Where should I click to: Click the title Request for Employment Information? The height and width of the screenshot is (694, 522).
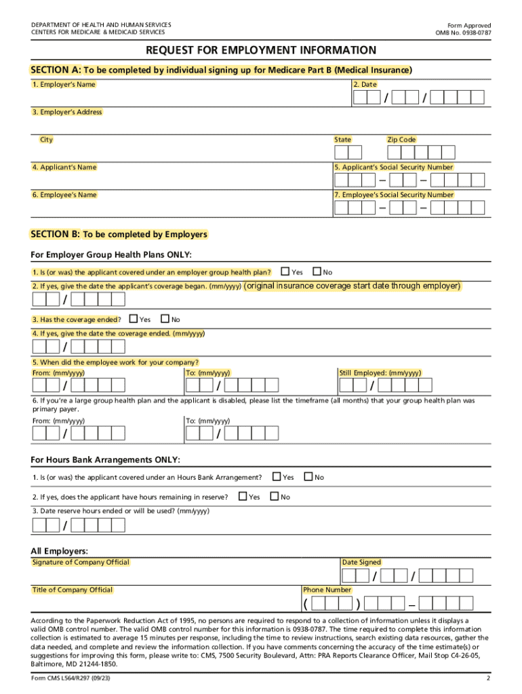[x=261, y=51]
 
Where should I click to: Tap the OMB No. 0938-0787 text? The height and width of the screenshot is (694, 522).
[x=463, y=33]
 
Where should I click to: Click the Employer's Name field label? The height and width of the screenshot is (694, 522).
[x=64, y=85]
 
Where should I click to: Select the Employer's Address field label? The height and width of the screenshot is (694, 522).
[x=66, y=113]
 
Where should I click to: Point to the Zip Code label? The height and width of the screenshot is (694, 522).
[x=401, y=140]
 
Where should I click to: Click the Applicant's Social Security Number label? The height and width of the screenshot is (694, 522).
[x=394, y=167]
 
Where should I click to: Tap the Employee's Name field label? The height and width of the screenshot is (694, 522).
[x=64, y=195]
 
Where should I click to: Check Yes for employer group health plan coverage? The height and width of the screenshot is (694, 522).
[x=284, y=272]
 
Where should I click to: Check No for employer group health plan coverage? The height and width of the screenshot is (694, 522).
[x=316, y=272]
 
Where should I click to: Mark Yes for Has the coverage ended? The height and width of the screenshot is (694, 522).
[x=133, y=319]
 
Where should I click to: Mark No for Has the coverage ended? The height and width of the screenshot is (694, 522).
[x=164, y=319]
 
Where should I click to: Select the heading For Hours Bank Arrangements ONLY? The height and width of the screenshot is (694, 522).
[x=106, y=460]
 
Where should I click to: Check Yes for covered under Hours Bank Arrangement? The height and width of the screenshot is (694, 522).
[x=276, y=477]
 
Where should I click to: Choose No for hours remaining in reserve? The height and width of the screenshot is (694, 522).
[x=274, y=497]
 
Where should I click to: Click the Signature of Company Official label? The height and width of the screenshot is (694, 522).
[x=81, y=563]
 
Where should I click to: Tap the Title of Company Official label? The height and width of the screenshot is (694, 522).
[x=73, y=590]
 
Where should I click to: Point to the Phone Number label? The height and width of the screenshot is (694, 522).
[x=327, y=590]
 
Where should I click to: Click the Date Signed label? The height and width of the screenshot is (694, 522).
[x=362, y=563]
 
